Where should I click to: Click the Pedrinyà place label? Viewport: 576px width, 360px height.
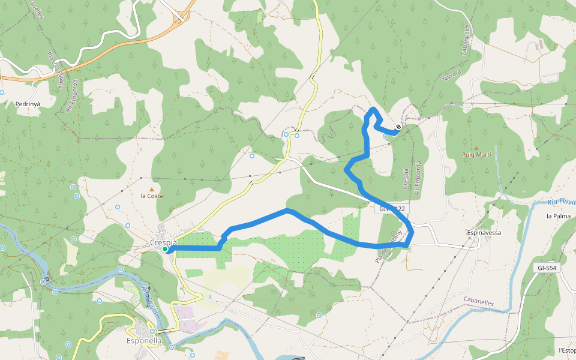(26, 104)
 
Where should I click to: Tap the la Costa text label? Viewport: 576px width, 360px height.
(151, 196)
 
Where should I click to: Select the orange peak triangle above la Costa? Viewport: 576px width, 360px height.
(151, 179)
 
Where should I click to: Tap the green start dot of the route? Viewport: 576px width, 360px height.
(165, 249)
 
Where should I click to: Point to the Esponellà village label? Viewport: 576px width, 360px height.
(144, 341)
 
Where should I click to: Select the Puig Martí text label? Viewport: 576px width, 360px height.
(476, 155)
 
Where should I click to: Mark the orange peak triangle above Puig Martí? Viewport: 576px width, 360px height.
(476, 148)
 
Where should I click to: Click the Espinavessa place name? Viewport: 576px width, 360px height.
(484, 232)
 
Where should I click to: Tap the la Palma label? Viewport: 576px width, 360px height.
(557, 216)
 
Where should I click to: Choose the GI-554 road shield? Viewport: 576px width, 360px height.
(547, 268)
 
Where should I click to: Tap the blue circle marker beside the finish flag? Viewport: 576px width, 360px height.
(385, 136)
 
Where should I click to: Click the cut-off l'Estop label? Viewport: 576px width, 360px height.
(566, 350)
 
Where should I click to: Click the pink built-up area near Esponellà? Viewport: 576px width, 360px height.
(186, 316)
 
